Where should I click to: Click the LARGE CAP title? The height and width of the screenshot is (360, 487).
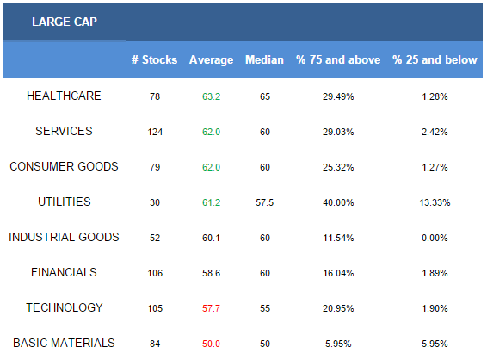(x=65, y=22)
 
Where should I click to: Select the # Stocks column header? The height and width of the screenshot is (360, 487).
(x=154, y=59)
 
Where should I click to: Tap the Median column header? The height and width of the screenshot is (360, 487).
(x=264, y=59)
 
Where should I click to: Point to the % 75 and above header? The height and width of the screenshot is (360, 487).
(x=338, y=59)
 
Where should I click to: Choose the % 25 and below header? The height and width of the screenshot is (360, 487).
(x=435, y=59)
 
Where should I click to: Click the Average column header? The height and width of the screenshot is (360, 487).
(x=211, y=60)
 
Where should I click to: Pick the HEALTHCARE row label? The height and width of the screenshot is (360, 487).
(x=64, y=96)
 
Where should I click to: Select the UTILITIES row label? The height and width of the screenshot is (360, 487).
(x=65, y=202)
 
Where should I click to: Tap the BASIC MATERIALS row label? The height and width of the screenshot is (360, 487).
(x=64, y=344)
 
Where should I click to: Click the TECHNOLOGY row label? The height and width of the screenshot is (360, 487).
(x=65, y=307)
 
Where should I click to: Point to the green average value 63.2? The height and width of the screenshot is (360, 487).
(x=211, y=96)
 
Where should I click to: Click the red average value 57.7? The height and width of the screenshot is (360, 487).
(x=211, y=308)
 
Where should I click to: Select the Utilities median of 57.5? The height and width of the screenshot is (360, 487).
(x=265, y=202)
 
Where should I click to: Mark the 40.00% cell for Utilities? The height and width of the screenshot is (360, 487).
(x=338, y=202)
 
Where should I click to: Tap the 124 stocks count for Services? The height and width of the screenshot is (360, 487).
(x=155, y=132)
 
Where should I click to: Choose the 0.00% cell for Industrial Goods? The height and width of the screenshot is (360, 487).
(x=435, y=239)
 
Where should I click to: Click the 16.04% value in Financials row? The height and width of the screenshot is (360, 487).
(x=338, y=273)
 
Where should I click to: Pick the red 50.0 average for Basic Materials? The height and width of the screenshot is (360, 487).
(x=211, y=344)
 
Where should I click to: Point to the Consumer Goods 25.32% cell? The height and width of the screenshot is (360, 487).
(x=338, y=167)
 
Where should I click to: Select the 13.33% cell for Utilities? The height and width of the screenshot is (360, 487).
(x=435, y=202)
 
